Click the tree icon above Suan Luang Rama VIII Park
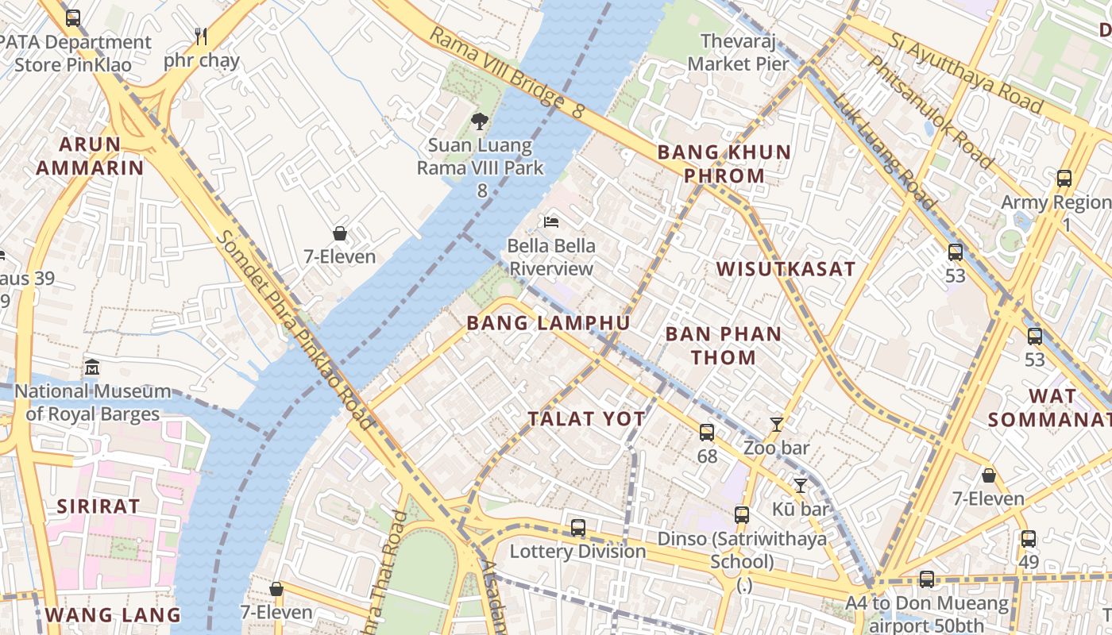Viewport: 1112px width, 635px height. pyautogui.click(x=479, y=121)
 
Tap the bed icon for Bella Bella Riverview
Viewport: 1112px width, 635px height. pyautogui.click(x=551, y=221)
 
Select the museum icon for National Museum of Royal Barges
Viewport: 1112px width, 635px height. pyautogui.click(x=92, y=368)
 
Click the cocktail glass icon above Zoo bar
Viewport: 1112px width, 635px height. pyautogui.click(x=777, y=425)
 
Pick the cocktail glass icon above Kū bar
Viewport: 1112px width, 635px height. pyautogui.click(x=800, y=485)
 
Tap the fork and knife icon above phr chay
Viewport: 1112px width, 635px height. pyautogui.click(x=201, y=37)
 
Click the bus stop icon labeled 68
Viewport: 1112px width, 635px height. pyautogui.click(x=707, y=433)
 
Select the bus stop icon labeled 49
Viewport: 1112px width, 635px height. pyautogui.click(x=1029, y=539)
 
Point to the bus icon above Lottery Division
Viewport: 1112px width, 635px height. pyautogui.click(x=578, y=527)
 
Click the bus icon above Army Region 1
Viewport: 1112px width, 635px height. pyautogui.click(x=1064, y=179)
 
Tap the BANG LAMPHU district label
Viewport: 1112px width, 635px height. pyautogui.click(x=549, y=323)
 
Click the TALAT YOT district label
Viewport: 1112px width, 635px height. pyautogui.click(x=587, y=419)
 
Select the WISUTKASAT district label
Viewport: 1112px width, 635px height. pyautogui.click(x=786, y=269)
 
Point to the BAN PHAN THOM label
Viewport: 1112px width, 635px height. pyautogui.click(x=724, y=345)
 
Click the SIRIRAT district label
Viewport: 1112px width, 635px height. pyautogui.click(x=98, y=506)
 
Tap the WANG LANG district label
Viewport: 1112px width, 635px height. pyautogui.click(x=113, y=614)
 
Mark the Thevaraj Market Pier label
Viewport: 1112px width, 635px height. pyautogui.click(x=739, y=52)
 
